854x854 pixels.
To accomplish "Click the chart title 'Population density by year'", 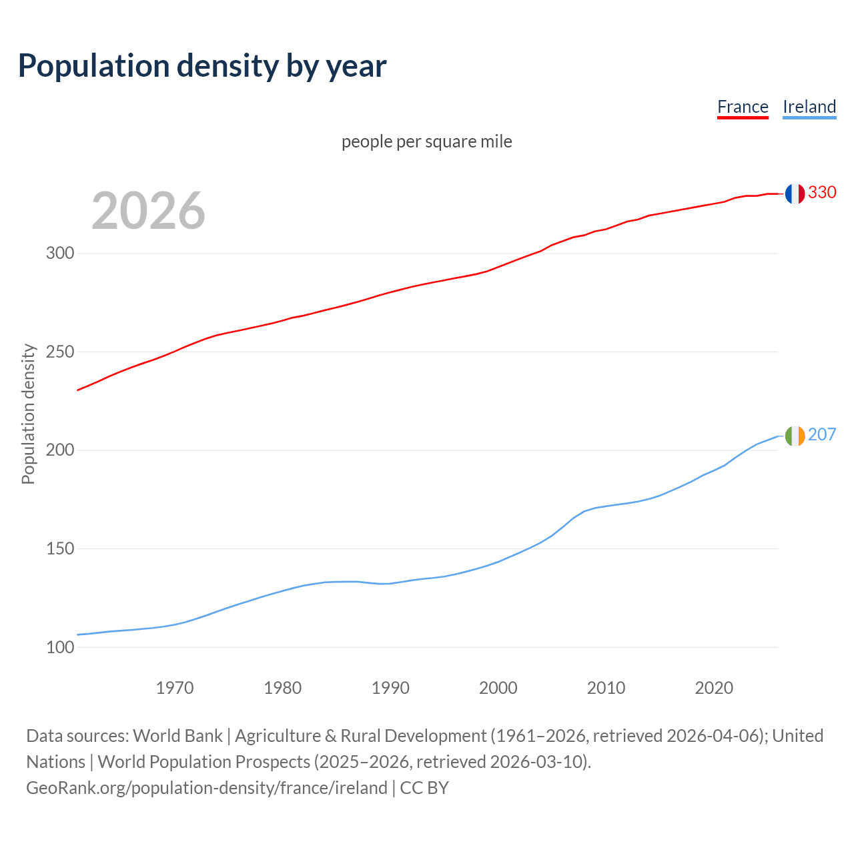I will pyautogui.click(x=202, y=66).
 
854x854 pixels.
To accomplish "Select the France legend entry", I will pyautogui.click(x=743, y=107).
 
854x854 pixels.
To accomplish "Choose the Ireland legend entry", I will pyautogui.click(x=809, y=107).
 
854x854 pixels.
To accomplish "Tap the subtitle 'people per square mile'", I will pyautogui.click(x=427, y=141).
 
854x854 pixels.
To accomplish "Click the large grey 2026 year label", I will pyautogui.click(x=148, y=211).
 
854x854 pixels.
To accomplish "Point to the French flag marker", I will pyautogui.click(x=795, y=193).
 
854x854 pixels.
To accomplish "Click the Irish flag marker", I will pyautogui.click(x=795, y=436).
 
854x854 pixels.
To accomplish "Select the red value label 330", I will pyautogui.click(x=822, y=192).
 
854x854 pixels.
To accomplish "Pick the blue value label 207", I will pyautogui.click(x=822, y=434).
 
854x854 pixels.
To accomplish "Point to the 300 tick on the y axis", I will pyautogui.click(x=60, y=254).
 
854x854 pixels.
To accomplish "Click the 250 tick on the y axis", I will pyautogui.click(x=60, y=352).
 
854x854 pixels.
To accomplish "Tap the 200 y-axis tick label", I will pyautogui.click(x=60, y=450).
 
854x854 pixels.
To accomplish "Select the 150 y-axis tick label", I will pyautogui.click(x=60, y=548).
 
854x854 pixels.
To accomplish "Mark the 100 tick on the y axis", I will pyautogui.click(x=60, y=647).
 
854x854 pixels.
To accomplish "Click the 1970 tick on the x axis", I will pyautogui.click(x=175, y=688).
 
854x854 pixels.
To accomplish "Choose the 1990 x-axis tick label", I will pyautogui.click(x=390, y=688).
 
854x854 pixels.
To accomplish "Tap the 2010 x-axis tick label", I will pyautogui.click(x=606, y=688).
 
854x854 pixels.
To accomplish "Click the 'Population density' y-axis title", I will pyautogui.click(x=28, y=414).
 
